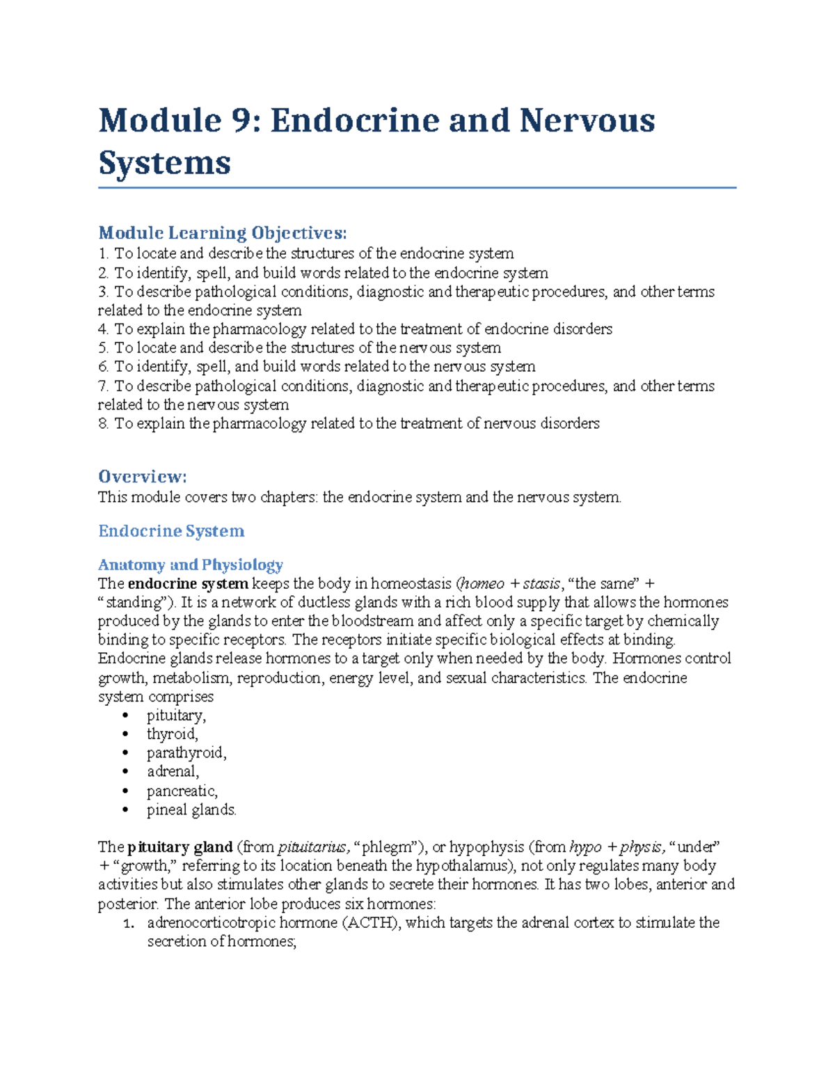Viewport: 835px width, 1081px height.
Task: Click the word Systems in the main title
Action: pyautogui.click(x=164, y=163)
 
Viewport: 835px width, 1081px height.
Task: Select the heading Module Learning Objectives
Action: pyautogui.click(x=222, y=232)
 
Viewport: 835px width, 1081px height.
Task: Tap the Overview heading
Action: pyautogui.click(x=142, y=477)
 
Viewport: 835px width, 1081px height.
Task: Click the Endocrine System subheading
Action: pyautogui.click(x=171, y=531)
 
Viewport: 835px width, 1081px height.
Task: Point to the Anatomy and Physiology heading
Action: pyautogui.click(x=190, y=565)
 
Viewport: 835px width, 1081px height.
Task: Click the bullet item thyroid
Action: pyautogui.click(x=172, y=734)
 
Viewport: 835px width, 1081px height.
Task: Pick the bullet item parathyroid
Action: pyautogui.click(x=186, y=753)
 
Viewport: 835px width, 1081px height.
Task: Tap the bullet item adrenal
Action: pyautogui.click(x=173, y=772)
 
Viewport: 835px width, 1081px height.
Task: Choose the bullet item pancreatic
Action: pyautogui.click(x=182, y=791)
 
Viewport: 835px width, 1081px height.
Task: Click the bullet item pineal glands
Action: pyautogui.click(x=191, y=810)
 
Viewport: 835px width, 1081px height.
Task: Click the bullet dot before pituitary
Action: pyautogui.click(x=125, y=716)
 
